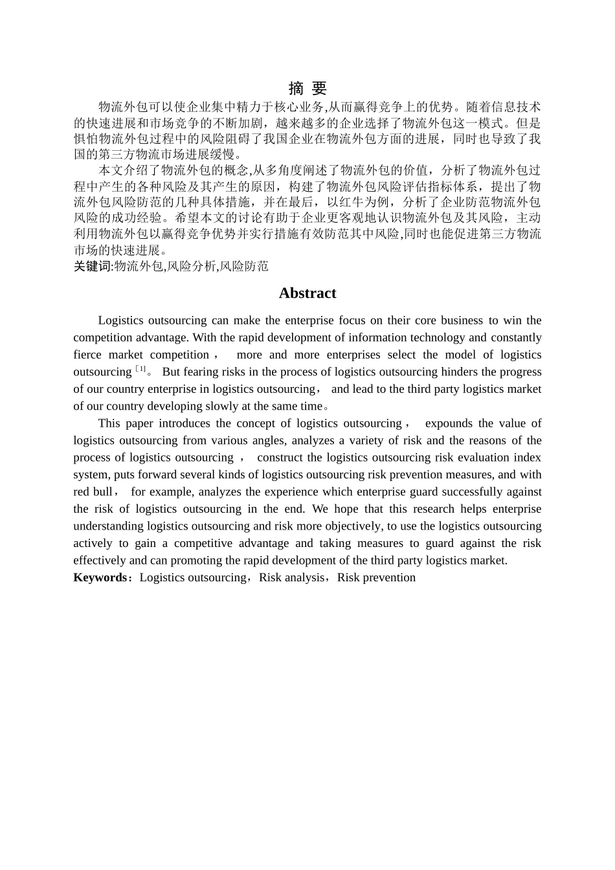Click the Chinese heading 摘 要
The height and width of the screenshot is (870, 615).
point(307,89)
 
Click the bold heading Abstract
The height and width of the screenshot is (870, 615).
point(307,293)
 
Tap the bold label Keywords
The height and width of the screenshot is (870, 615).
point(100,577)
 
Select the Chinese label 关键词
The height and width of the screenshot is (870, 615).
point(92,266)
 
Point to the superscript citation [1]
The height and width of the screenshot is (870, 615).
point(140,370)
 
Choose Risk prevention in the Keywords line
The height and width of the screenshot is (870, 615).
point(376,577)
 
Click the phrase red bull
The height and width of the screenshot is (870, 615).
point(91,492)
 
